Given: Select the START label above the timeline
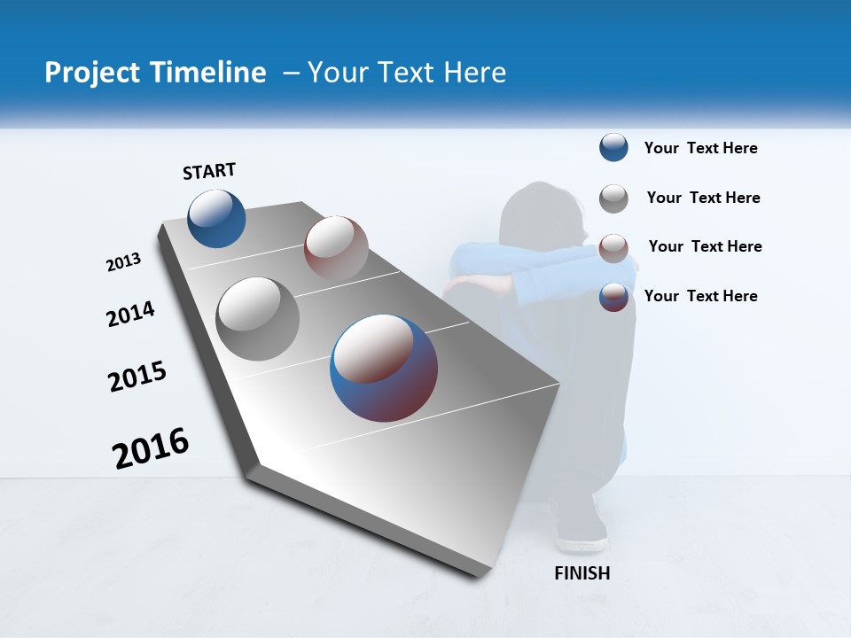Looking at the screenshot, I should [209, 171].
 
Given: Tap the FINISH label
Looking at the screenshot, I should [582, 573].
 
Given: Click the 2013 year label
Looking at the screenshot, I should [123, 262].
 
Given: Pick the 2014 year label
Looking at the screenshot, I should [130, 314].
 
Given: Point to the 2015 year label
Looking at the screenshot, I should [137, 377].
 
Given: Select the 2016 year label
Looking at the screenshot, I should [151, 447].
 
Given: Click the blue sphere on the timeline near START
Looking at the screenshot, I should [216, 218].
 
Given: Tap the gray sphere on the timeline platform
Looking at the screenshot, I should [258, 319].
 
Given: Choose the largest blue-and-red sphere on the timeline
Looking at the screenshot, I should [384, 368].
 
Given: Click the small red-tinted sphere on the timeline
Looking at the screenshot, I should [336, 247].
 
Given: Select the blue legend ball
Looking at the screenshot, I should [613, 148].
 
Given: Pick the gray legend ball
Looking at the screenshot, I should [613, 198].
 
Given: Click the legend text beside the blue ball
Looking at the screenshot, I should [700, 148].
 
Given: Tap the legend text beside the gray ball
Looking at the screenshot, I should [703, 198].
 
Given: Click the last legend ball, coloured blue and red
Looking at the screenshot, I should [613, 297].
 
